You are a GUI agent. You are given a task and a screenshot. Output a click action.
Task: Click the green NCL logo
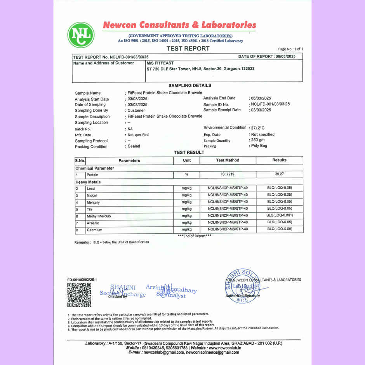(81, 35)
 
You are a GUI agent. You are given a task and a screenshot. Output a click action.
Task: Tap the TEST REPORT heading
(188, 49)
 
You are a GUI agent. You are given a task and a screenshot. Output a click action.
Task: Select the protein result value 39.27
(279, 175)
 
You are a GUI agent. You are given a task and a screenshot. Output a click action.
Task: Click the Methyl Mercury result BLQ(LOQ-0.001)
(279, 216)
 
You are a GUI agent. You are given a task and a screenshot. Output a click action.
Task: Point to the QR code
(79, 295)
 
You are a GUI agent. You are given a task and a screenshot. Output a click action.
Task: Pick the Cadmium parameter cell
(95, 230)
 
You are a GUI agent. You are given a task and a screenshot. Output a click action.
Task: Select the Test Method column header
(228, 160)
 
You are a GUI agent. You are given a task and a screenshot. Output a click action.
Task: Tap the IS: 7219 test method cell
(228, 175)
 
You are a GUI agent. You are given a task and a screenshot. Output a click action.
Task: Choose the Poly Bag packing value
(258, 146)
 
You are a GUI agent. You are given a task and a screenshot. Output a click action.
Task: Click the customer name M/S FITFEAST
(160, 63)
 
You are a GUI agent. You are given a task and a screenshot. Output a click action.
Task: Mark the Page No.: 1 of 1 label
(290, 49)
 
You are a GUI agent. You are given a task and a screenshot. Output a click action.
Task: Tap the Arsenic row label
(93, 223)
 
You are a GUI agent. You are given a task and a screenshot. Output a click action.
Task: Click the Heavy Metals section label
(88, 182)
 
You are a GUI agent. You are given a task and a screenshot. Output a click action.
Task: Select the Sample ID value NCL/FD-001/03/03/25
(270, 104)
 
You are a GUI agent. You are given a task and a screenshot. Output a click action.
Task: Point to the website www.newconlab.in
(223, 348)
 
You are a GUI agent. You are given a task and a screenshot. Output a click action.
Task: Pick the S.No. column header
(80, 160)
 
